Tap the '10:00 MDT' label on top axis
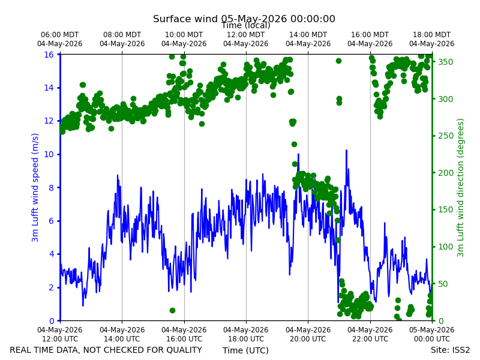(184, 35)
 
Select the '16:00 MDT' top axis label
(370, 35)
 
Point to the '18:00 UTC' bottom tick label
(246, 339)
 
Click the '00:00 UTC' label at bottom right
(432, 339)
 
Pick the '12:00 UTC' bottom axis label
(60, 339)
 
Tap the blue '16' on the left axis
(49, 55)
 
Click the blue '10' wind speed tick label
(49, 154)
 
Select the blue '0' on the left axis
(52, 321)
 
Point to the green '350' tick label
(445, 62)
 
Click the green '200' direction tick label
(445, 173)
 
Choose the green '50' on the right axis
(443, 284)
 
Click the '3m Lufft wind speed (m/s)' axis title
(35, 187)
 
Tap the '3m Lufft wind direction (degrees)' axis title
(460, 187)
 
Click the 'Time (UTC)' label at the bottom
(245, 350)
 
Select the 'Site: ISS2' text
(450, 350)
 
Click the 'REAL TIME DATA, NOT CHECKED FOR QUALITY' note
(106, 350)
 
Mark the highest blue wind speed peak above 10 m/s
(346, 151)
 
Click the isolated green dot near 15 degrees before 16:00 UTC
(172, 310)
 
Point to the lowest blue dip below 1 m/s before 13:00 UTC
(83, 305)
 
